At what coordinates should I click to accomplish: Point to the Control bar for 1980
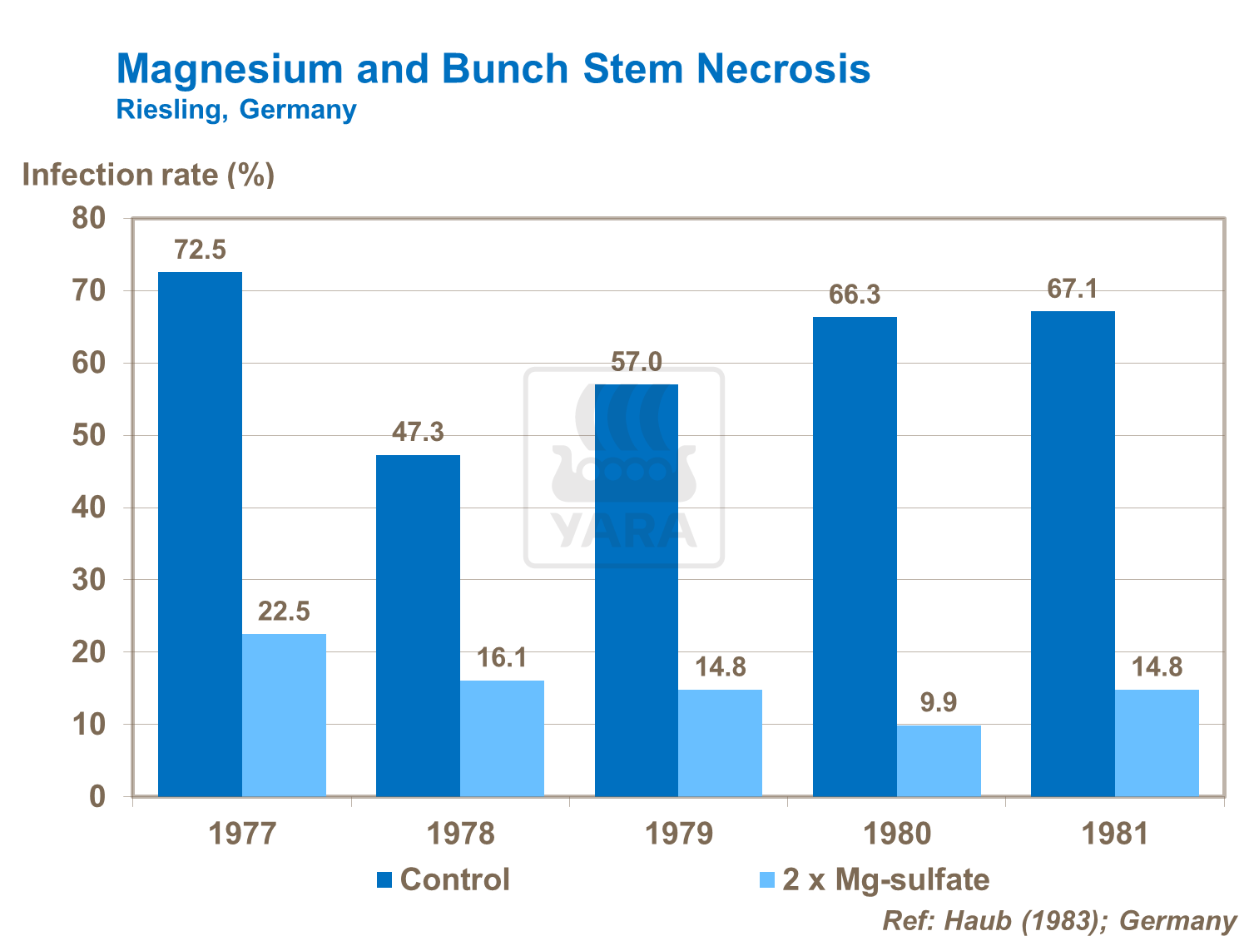click(x=855, y=557)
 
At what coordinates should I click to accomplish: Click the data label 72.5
click(x=200, y=250)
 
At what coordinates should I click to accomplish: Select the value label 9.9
click(x=939, y=703)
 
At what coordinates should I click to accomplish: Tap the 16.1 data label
click(x=502, y=658)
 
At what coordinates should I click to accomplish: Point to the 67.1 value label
click(x=1073, y=289)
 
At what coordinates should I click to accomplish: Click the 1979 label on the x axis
click(x=679, y=834)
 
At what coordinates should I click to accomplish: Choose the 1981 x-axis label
click(x=1115, y=834)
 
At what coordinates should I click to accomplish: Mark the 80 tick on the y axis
click(x=89, y=219)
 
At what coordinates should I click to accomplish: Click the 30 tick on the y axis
click(x=89, y=580)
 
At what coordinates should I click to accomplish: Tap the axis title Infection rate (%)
click(x=148, y=175)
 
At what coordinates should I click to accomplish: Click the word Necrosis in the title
click(x=783, y=68)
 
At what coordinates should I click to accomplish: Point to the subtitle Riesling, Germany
click(x=236, y=110)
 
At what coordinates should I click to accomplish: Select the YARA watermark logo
click(x=624, y=468)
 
